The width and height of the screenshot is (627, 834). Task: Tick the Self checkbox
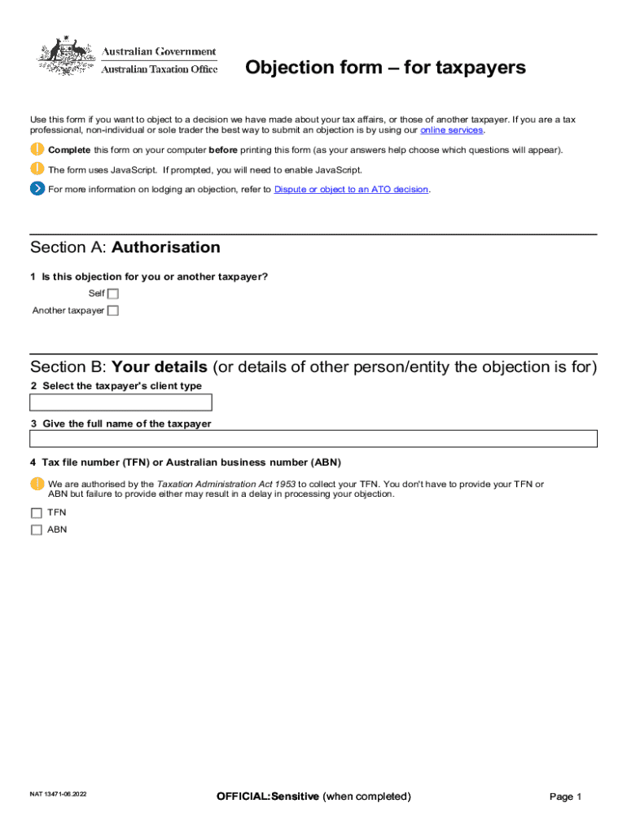point(113,294)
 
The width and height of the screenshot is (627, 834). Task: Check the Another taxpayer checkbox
point(113,310)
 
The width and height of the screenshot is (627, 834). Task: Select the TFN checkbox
point(36,513)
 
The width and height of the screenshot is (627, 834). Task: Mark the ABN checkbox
point(36,529)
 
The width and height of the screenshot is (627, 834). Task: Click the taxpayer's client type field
point(121,402)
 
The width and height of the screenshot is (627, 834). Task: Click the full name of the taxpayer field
point(313,439)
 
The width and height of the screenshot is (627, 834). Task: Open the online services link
point(451,130)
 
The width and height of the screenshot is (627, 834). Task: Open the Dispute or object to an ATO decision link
point(351,190)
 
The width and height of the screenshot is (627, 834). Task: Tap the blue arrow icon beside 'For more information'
point(37,189)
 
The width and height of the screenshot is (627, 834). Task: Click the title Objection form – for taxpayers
point(385,68)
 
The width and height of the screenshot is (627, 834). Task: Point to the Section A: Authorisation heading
point(125,248)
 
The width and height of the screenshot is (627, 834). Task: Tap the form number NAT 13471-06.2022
point(58,793)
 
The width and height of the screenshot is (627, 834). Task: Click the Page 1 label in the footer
point(566,797)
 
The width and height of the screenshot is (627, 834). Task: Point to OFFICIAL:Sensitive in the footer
point(268,796)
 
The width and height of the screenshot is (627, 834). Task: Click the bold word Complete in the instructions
point(69,150)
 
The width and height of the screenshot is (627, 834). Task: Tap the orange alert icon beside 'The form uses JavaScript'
point(37,169)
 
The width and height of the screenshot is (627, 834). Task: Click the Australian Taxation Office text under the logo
point(160,69)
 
